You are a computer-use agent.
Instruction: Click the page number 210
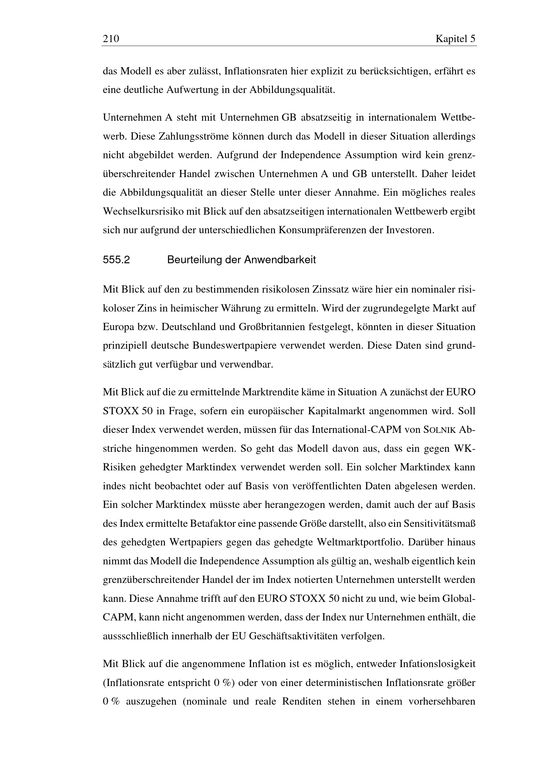[111, 39]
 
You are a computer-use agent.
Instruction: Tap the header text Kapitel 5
[455, 39]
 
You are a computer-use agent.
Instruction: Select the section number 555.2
[116, 260]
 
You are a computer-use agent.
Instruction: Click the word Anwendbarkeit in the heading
[280, 260]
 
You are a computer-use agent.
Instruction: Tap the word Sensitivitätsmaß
[439, 523]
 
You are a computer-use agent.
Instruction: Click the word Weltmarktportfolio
[360, 542]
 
